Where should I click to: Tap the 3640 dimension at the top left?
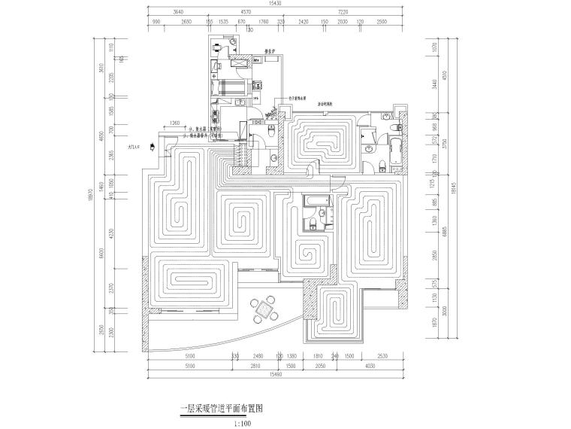178,13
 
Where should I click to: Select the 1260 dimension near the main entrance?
174,123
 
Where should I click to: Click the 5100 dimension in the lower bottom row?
189,367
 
